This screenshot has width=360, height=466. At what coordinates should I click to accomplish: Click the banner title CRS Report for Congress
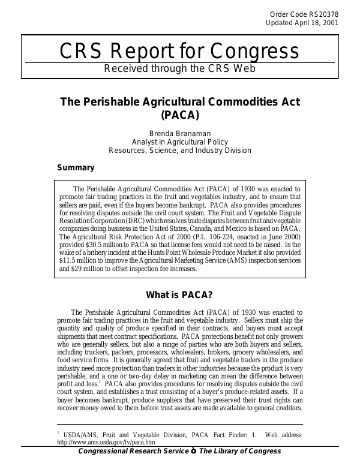point(179,52)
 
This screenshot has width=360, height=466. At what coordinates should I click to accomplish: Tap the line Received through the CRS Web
point(179,68)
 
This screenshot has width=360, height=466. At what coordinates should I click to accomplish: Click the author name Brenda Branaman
point(179,133)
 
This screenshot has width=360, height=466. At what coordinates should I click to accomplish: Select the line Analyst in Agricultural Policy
point(179,142)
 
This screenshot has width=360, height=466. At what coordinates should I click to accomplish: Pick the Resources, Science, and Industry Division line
point(179,151)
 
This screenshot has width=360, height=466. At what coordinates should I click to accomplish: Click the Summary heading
point(75,168)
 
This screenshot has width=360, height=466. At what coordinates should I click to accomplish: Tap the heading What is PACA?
point(179,295)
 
